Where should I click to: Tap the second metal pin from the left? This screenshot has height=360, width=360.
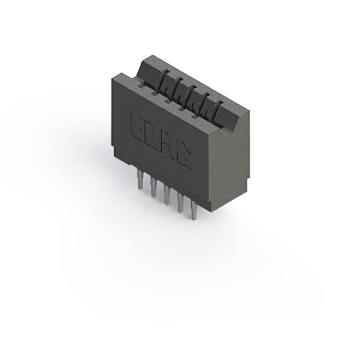[154, 186]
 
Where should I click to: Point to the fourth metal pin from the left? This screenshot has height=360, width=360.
[181, 202]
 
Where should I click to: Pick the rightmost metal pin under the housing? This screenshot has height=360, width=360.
[194, 210]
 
